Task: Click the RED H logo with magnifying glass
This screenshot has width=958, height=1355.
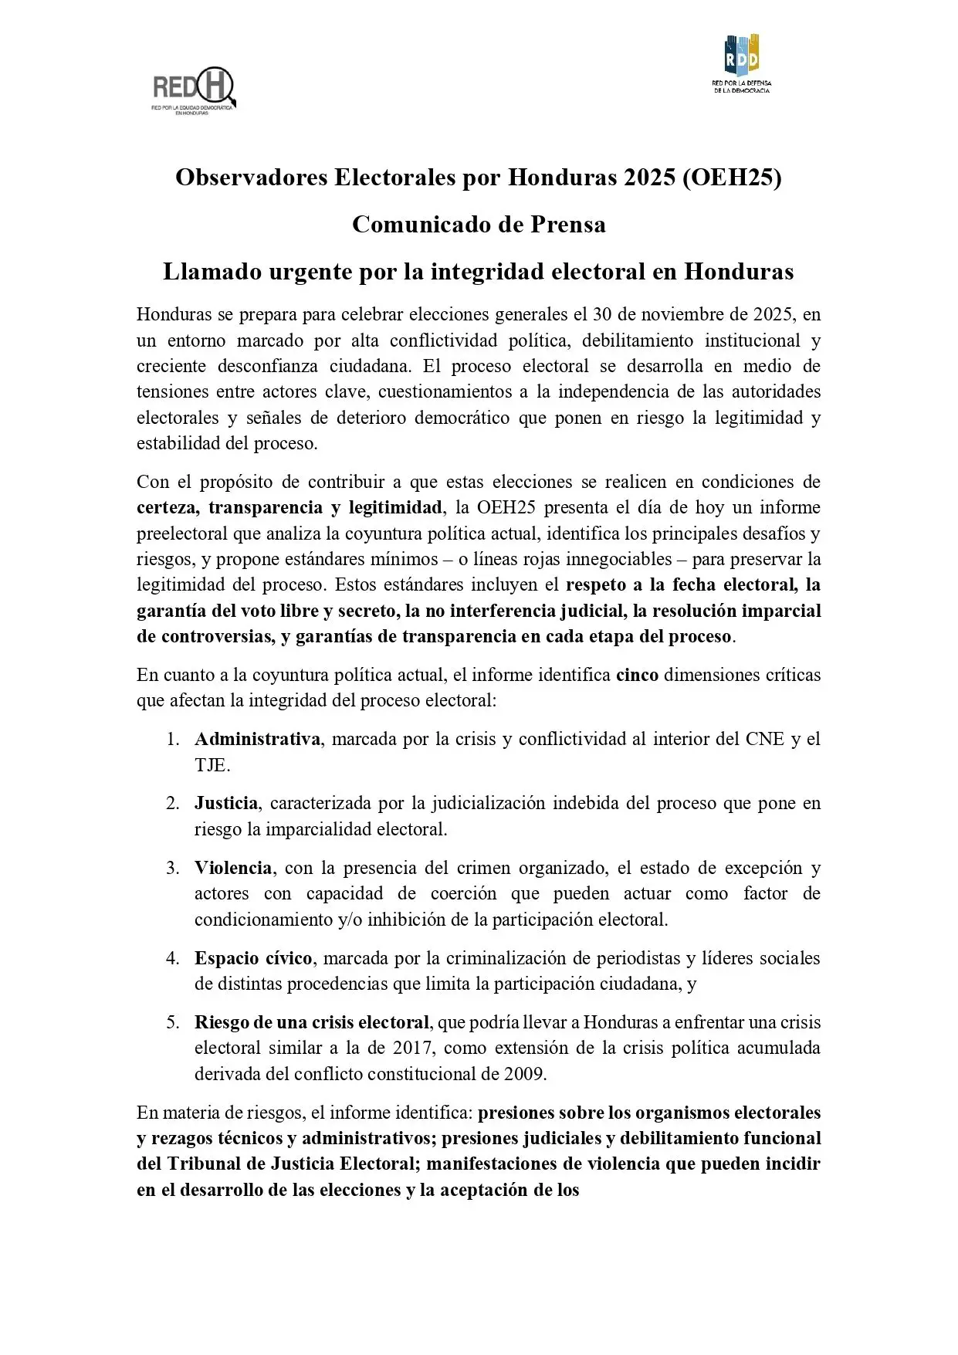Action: coord(194,90)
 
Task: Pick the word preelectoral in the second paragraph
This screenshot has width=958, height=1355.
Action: coord(181,534)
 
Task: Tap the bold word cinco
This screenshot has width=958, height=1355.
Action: coord(637,675)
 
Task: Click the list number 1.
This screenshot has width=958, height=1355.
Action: coord(172,740)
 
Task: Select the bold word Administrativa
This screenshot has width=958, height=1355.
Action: coord(257,740)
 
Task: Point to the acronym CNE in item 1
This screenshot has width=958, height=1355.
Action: coord(764,740)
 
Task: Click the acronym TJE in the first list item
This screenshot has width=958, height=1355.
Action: coord(212,765)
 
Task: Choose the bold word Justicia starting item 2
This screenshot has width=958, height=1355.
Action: coord(226,804)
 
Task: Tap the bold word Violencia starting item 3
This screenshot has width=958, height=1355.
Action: coord(232,869)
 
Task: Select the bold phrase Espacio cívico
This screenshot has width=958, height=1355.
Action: coord(253,959)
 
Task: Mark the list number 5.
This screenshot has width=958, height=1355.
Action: coord(172,1023)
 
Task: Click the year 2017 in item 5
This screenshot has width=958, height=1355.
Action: coord(412,1048)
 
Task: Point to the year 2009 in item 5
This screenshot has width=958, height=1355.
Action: coord(524,1075)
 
